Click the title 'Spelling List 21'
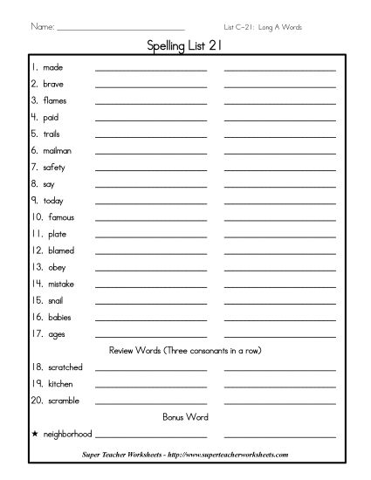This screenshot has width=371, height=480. point(185,49)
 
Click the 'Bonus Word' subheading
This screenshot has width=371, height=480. point(185,417)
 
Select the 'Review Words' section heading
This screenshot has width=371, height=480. point(185,350)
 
